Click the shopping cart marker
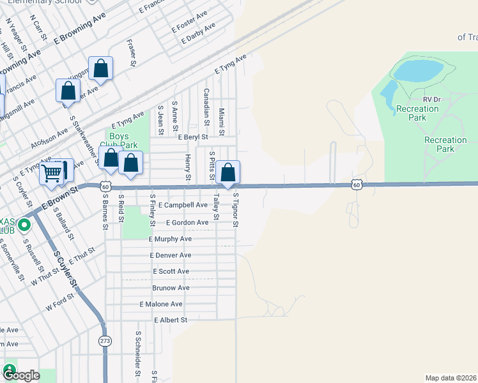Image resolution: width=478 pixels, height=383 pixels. point(52,172)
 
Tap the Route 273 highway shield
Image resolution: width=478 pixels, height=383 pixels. point(104,341)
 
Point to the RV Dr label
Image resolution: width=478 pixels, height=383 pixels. point(432,100)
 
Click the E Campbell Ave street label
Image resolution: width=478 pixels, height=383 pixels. point(184,205)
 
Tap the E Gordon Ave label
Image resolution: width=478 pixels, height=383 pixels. point(187,222)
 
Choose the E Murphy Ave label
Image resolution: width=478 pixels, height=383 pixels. point(170,239)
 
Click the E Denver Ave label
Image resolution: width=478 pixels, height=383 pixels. point(170,255)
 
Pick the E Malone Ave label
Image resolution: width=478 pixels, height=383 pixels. point(161,304)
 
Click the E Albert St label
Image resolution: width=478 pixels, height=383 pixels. point(170,320)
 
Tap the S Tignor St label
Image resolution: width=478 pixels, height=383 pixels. point(236,210)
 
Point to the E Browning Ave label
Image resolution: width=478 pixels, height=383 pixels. point(81,31)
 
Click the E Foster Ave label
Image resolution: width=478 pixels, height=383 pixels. point(190,22)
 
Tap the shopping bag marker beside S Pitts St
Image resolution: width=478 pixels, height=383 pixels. point(227,172)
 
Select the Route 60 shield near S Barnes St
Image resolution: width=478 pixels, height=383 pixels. point(107,186)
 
